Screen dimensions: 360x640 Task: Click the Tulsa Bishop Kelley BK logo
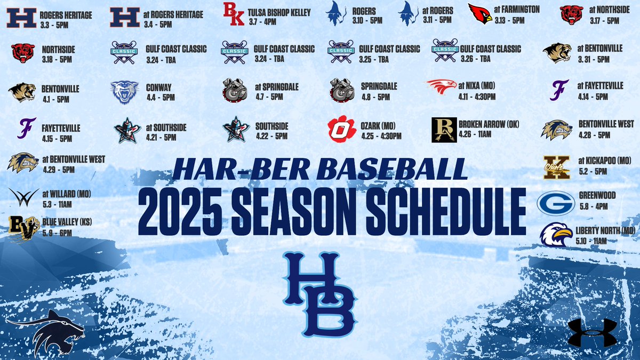point(233,14)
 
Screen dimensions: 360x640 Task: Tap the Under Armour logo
point(591,333)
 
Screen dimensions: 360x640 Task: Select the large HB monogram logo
point(319,291)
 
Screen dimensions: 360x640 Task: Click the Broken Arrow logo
point(444,130)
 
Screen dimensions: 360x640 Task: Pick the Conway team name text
point(159,87)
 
